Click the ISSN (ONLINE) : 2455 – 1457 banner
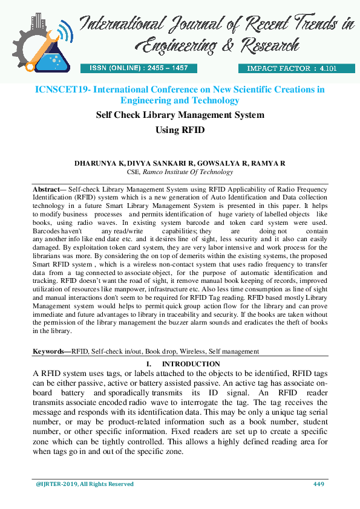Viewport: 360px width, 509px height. pos(139,68)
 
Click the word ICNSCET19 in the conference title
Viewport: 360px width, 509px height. pos(61,89)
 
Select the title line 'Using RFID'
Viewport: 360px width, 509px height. pos(180,130)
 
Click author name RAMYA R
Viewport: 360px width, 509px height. pos(270,164)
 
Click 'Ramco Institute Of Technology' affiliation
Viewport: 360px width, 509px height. pos(188,172)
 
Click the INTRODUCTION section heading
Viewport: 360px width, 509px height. pos(191,364)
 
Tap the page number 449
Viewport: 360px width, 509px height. pos(319,484)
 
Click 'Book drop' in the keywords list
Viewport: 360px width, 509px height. pos(162,351)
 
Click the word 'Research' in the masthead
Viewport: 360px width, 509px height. pos(270,45)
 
